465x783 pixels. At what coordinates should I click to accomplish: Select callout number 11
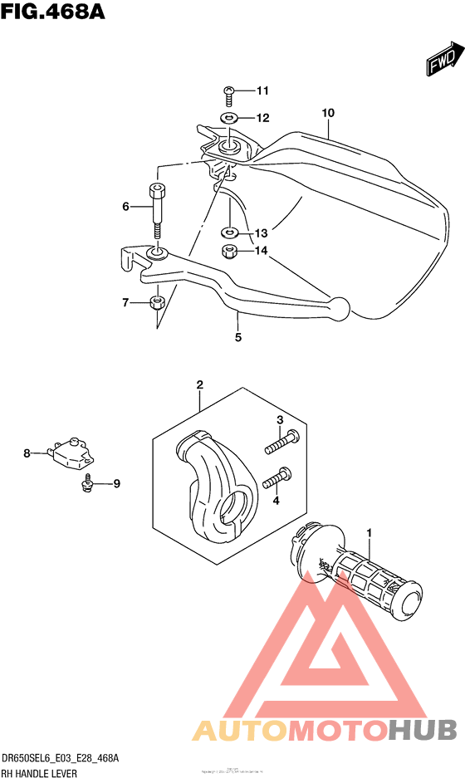click(x=239, y=91)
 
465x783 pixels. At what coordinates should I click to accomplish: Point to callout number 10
click(x=328, y=112)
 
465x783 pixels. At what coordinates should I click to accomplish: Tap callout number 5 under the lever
click(x=237, y=337)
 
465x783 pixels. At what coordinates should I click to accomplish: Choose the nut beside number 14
click(x=228, y=251)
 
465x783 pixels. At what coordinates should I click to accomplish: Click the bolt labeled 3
click(x=281, y=443)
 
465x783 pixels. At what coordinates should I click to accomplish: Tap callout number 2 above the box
click(x=200, y=384)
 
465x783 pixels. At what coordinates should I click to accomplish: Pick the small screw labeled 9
click(x=86, y=482)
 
